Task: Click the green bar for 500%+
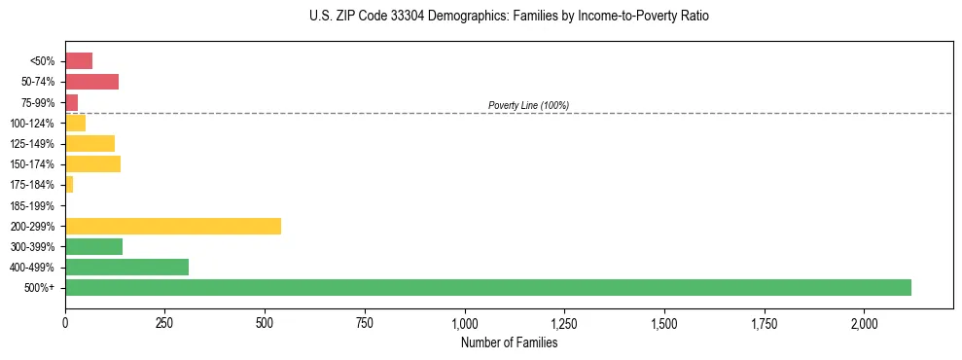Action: click(487, 287)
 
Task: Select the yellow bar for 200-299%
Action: click(173, 226)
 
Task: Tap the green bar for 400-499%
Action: click(126, 267)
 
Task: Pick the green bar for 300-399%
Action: click(93, 246)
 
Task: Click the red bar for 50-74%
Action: click(91, 82)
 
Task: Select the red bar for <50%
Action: click(79, 61)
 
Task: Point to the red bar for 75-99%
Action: click(71, 102)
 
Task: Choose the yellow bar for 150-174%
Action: click(92, 164)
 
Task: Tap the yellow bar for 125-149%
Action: click(89, 144)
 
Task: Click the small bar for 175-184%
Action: click(69, 185)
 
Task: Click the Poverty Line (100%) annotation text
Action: click(528, 105)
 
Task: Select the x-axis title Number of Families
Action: click(509, 342)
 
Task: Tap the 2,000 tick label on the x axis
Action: click(865, 323)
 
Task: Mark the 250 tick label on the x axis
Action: click(164, 323)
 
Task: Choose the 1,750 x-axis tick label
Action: click(765, 323)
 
